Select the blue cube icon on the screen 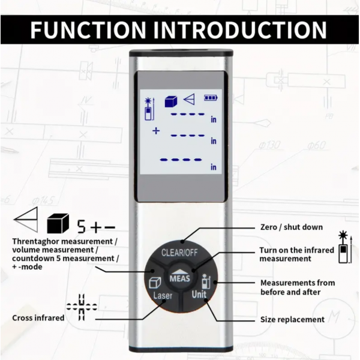(x=172, y=100)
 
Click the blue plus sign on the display (x=156, y=130)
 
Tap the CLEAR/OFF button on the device (x=179, y=251)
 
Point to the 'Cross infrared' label (x=38, y=317)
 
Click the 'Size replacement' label (x=292, y=319)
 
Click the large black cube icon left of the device (x=58, y=224)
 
